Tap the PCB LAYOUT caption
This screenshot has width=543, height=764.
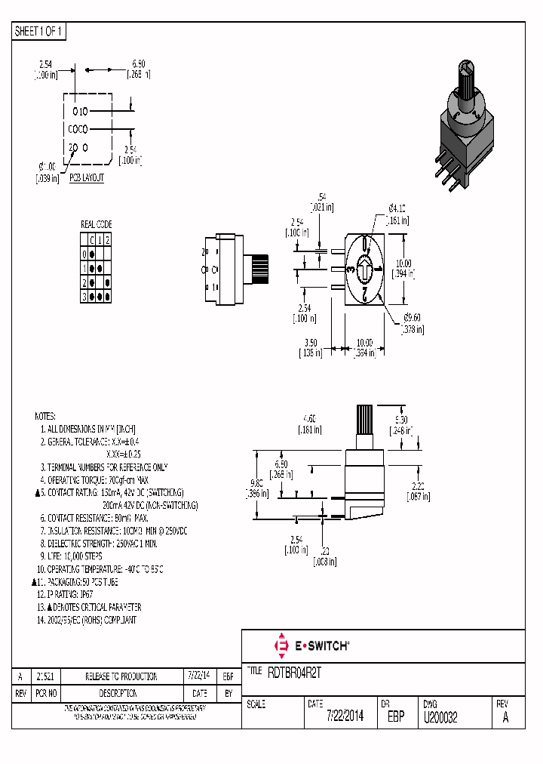pos(87,178)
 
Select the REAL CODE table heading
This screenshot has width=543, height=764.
pos(96,224)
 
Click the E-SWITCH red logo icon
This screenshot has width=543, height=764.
pos(282,645)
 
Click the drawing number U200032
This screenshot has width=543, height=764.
pos(440,717)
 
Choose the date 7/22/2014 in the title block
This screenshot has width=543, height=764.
pos(345,717)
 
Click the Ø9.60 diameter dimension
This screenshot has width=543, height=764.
pos(412,317)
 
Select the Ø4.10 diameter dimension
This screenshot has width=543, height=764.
pos(397,208)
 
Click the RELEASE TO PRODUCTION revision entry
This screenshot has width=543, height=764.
pos(121,676)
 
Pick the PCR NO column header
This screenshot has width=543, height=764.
pos(48,692)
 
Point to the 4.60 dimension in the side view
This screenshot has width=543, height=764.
pos(308,417)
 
